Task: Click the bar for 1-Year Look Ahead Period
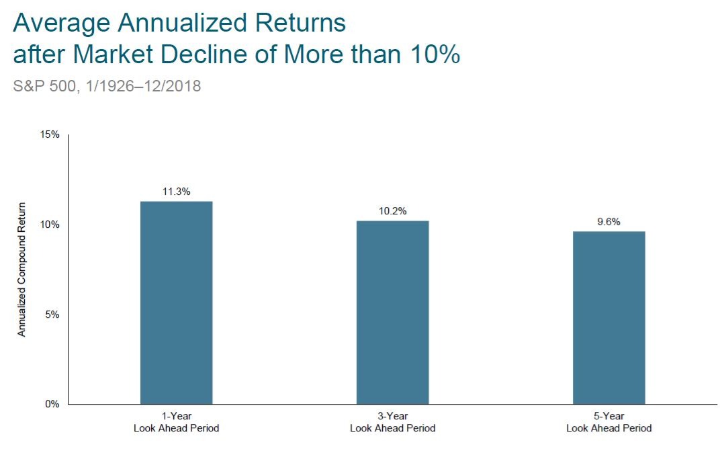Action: [177, 302]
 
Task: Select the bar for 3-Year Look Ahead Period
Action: [393, 313]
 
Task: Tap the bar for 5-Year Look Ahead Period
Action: [609, 318]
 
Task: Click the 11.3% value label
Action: [177, 192]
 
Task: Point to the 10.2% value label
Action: [393, 211]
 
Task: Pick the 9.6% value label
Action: [609, 221]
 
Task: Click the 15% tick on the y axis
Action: [50, 134]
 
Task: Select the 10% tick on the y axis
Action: [50, 224]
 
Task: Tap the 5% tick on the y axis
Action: [52, 315]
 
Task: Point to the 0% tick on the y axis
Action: [52, 404]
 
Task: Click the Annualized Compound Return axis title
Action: [21, 270]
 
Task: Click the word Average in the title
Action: [62, 23]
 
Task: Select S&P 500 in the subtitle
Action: [44, 86]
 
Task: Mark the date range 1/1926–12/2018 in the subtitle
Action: [143, 86]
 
